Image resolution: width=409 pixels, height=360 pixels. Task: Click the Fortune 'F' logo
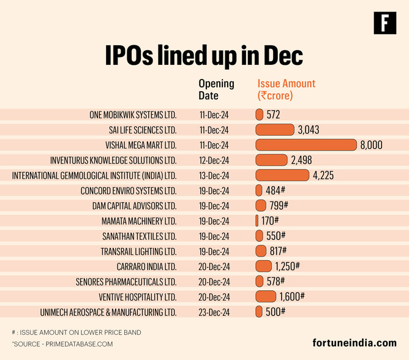tap(385, 23)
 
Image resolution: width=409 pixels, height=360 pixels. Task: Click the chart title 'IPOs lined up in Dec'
tap(204, 56)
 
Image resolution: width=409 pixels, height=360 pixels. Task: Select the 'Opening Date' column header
tap(216, 89)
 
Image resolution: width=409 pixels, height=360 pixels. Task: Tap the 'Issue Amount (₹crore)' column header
tap(286, 89)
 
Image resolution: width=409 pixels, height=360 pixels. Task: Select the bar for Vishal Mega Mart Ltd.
tap(306, 145)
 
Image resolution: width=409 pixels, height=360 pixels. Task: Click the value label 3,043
tap(308, 130)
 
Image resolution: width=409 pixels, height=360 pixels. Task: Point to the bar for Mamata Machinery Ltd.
tap(257, 221)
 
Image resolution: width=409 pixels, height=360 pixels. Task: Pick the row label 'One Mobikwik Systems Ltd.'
tap(133, 114)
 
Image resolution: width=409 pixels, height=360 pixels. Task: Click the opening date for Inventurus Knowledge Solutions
tap(214, 160)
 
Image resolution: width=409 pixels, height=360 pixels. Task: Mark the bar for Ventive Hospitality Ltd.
tap(266, 297)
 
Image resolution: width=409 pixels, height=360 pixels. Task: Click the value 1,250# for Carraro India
tap(288, 266)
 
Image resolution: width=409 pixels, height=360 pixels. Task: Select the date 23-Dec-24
tap(214, 312)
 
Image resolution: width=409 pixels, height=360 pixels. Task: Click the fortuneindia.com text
tap(354, 343)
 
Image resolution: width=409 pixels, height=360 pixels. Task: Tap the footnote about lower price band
tap(76, 332)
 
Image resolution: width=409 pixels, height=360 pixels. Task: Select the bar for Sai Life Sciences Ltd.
tap(274, 130)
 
